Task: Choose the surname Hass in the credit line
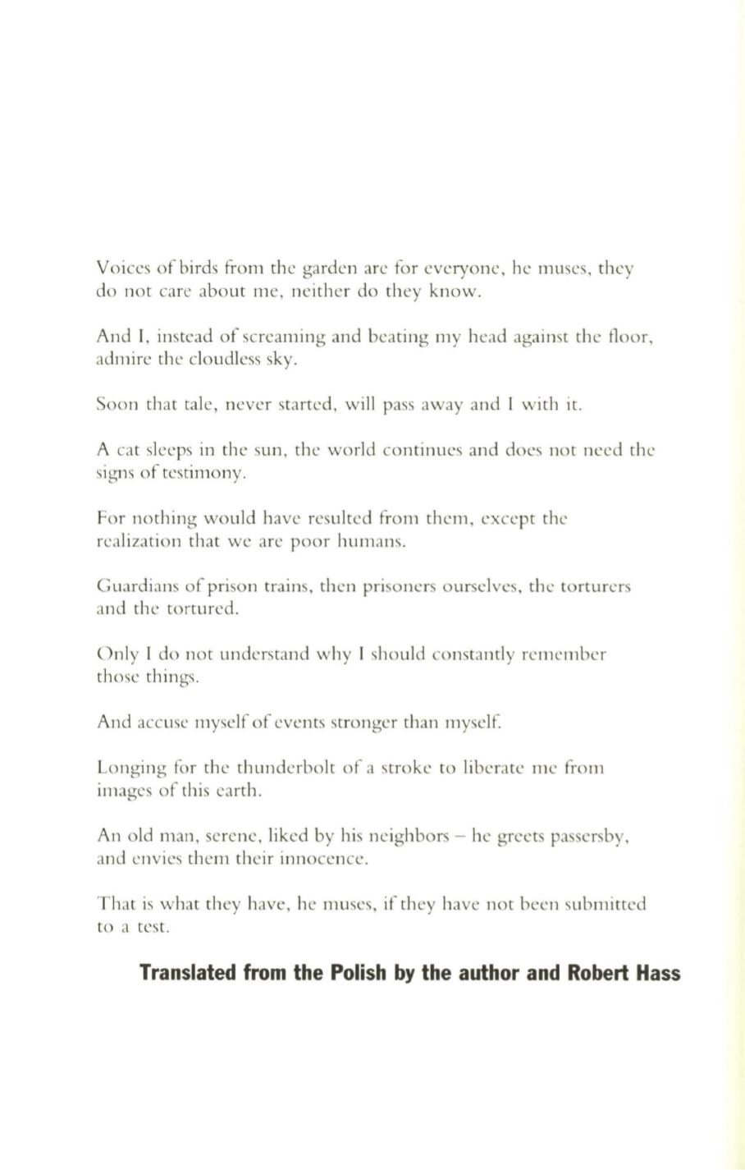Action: coord(656,973)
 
